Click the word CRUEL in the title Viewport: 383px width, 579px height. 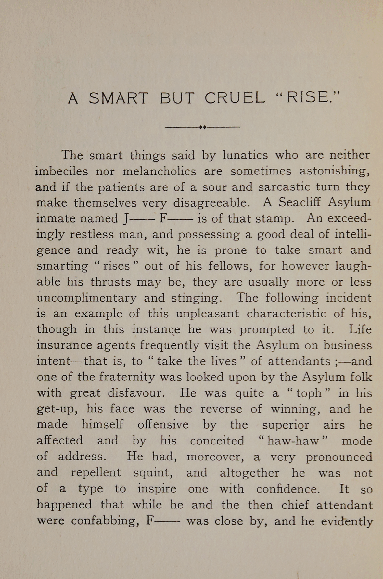coord(235,98)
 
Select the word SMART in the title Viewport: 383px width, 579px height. coord(118,98)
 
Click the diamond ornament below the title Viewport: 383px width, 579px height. coord(203,127)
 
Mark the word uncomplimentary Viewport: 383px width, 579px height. coord(87,298)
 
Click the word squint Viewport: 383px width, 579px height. coord(153,473)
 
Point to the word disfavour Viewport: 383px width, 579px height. coord(136,393)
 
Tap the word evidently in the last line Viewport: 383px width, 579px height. coord(347,521)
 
